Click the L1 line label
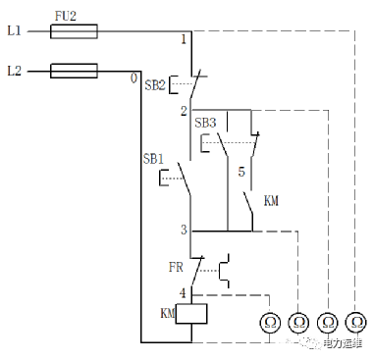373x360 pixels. click(x=14, y=31)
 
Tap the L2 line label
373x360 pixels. click(x=14, y=71)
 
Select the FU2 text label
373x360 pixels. click(x=66, y=16)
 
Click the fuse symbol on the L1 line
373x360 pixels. click(x=74, y=31)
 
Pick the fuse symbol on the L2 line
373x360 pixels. click(x=74, y=71)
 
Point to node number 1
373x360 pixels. click(x=184, y=40)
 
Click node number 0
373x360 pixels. click(x=133, y=78)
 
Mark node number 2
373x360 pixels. click(x=184, y=111)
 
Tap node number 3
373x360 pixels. click(x=184, y=230)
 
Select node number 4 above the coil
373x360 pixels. click(x=183, y=293)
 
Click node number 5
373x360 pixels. click(x=241, y=172)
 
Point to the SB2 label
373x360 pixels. click(x=155, y=85)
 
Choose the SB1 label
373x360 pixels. click(x=153, y=159)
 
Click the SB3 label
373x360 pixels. click(x=205, y=123)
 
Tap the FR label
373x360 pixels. click(x=176, y=268)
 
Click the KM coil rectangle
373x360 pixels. click(x=191, y=314)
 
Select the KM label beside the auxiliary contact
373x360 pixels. click(x=271, y=201)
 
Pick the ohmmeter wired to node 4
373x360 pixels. click(x=270, y=323)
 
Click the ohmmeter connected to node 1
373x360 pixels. click(x=355, y=323)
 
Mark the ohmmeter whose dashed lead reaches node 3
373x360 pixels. click(x=298, y=323)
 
